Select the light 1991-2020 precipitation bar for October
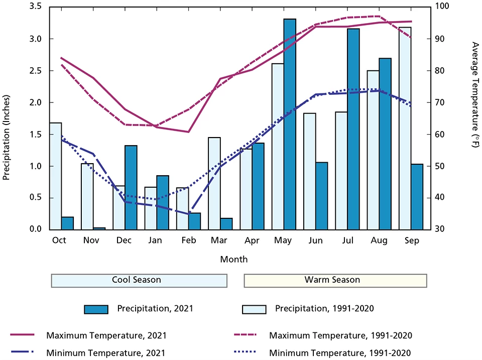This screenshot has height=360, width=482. (55, 176)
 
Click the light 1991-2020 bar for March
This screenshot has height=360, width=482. (214, 183)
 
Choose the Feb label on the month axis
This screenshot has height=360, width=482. (187, 241)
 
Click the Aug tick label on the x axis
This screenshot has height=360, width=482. (379, 241)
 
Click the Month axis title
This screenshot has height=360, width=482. (233, 260)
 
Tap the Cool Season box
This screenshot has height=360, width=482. (139, 280)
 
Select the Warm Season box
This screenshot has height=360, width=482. (335, 280)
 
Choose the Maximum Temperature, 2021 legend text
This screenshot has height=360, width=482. (106, 335)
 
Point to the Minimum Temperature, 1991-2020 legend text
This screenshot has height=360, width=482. (340, 353)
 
